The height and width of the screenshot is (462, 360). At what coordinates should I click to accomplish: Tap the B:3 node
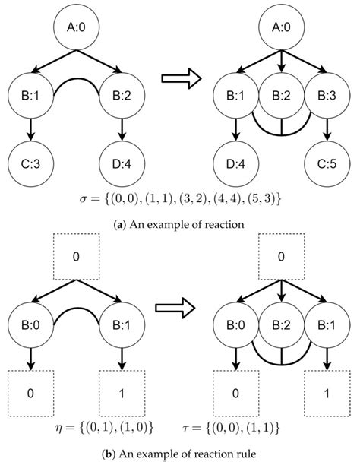click(327, 97)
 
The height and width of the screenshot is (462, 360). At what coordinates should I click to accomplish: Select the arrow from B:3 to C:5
click(327, 130)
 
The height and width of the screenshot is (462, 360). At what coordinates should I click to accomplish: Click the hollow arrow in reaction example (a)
click(181, 78)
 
